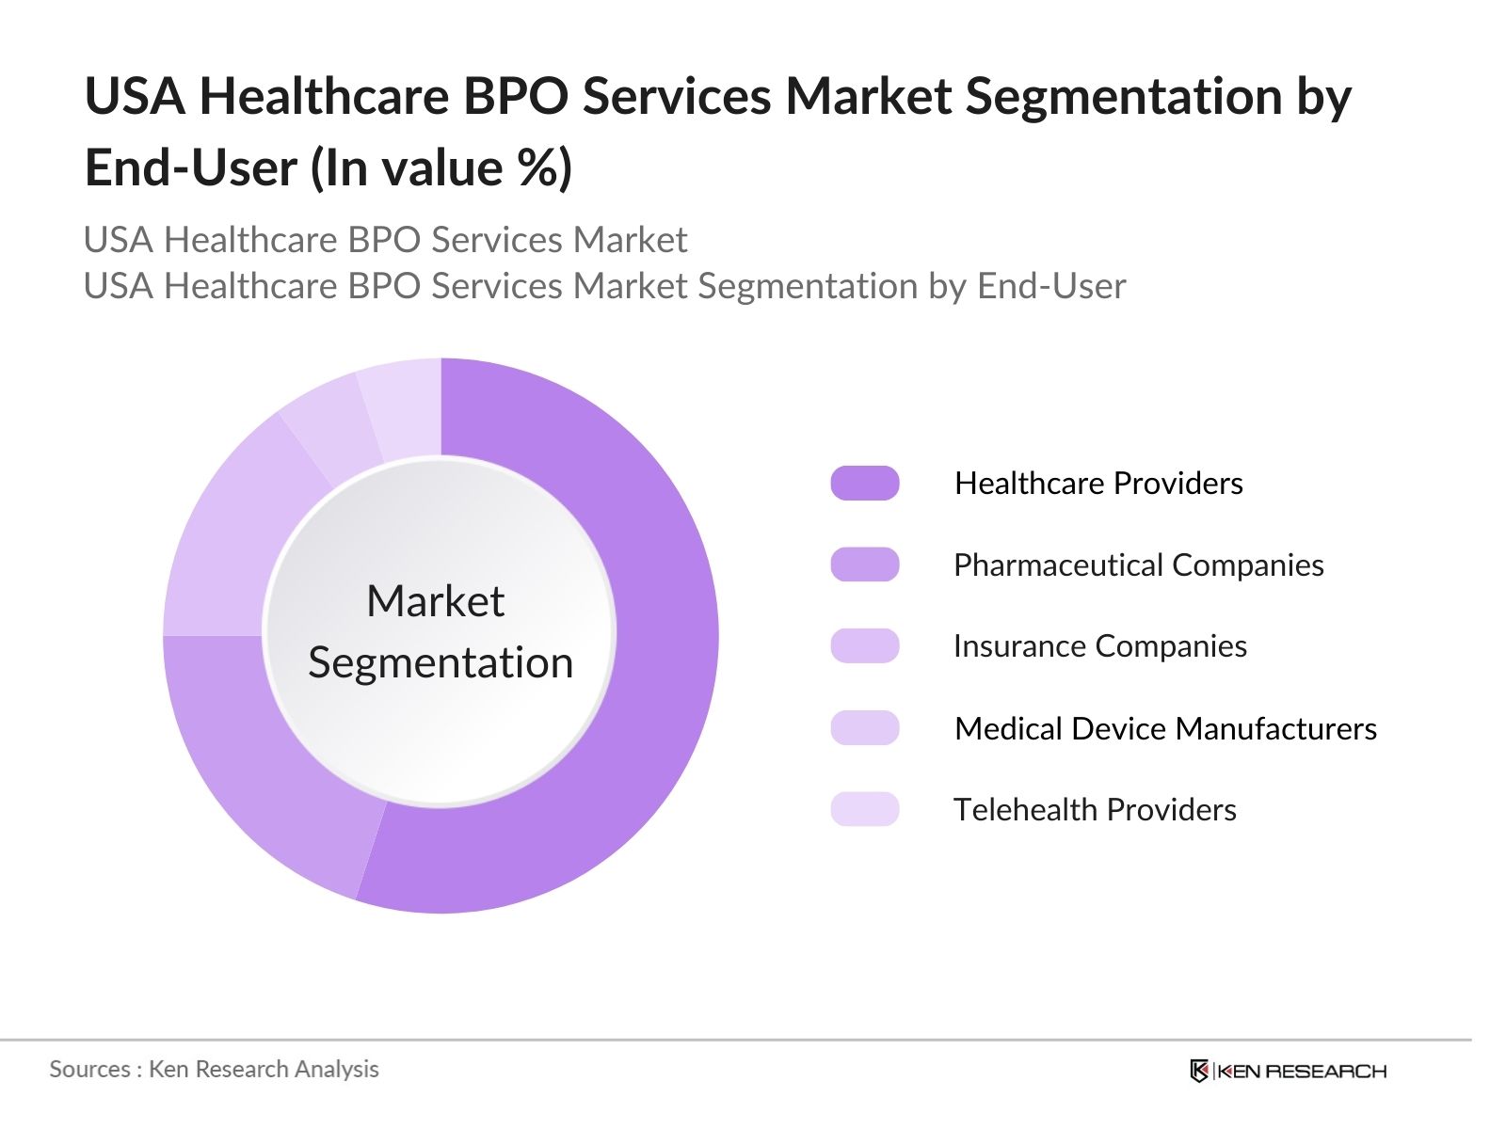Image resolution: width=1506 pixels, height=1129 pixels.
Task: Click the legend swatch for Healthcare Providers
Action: point(864,483)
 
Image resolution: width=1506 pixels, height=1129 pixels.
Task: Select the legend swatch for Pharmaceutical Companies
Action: point(864,564)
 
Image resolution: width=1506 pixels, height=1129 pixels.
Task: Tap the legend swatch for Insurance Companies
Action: point(864,646)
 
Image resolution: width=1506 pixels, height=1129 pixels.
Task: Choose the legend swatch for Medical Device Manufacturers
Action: point(864,728)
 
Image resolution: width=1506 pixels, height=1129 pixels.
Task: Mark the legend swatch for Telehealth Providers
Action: point(864,809)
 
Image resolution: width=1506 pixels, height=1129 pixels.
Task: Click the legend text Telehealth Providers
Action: point(1095,809)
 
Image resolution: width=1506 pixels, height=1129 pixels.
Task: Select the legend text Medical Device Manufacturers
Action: point(1165,728)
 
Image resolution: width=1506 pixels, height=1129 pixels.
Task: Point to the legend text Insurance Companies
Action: point(1099,646)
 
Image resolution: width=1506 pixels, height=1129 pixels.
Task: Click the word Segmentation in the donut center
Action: point(441,662)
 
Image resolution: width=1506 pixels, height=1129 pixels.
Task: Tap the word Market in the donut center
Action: point(435,601)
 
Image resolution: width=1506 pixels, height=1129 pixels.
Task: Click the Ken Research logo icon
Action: point(1199,1071)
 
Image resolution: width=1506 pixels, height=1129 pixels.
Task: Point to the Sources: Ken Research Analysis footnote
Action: point(214,1069)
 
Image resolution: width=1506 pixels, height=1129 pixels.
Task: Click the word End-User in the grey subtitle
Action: point(1051,286)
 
